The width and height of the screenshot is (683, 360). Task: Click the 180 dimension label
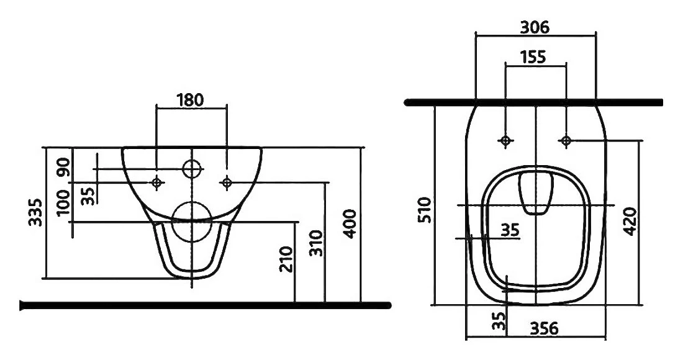191,100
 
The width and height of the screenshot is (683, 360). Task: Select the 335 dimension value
36,212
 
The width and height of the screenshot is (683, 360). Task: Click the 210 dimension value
286,259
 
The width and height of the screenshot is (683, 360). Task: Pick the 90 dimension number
63,167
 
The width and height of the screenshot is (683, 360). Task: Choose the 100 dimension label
63,202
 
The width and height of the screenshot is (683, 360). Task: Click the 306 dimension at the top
535,27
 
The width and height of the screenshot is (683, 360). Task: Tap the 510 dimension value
425,210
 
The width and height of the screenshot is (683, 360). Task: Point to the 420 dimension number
630,222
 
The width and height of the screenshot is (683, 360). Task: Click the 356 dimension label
544,328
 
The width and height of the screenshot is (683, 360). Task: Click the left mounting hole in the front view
157,182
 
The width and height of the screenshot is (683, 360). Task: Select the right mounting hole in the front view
227,182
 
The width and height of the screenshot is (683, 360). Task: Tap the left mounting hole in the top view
505,141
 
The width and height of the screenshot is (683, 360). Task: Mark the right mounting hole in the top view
566,141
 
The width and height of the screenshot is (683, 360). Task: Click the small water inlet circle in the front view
192,168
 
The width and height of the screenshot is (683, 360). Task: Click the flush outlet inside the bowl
536,193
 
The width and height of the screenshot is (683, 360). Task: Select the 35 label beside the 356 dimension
501,321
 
